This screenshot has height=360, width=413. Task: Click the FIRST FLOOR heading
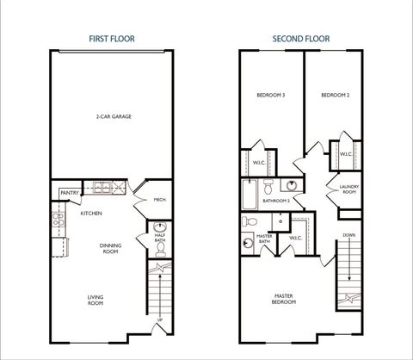(112, 39)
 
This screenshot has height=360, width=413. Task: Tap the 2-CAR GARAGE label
(112, 116)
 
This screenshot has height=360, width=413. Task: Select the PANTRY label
(69, 193)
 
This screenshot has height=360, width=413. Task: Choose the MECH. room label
(159, 200)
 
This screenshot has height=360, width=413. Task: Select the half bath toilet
(160, 249)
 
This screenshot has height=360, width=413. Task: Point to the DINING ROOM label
(110, 247)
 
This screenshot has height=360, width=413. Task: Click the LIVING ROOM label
(95, 300)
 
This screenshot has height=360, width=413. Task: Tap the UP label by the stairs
(159, 321)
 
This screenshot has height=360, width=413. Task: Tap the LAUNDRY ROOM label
(348, 189)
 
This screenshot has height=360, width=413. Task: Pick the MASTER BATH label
(266, 239)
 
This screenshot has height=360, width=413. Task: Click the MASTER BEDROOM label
(284, 300)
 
